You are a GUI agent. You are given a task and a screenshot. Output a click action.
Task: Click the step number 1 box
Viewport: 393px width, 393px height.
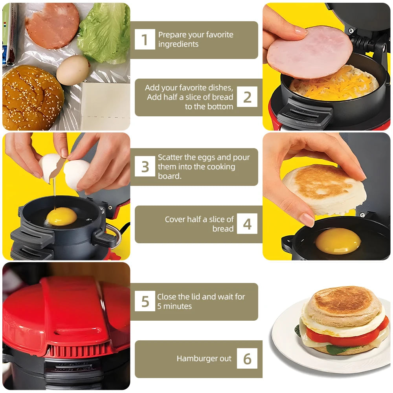click(x=145, y=39)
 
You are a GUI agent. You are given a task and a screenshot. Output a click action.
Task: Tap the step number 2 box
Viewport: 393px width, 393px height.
click(x=247, y=97)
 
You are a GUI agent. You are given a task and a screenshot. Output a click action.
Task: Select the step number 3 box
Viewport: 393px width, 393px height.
click(x=145, y=167)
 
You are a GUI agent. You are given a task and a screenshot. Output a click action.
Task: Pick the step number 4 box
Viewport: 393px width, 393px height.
click(x=247, y=224)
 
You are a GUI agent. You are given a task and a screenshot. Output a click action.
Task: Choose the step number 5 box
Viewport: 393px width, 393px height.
click(x=145, y=301)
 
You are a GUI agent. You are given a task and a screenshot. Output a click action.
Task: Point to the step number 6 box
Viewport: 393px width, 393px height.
click(x=247, y=358)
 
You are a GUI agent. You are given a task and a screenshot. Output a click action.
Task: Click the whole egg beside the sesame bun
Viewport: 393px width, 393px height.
click(x=73, y=71)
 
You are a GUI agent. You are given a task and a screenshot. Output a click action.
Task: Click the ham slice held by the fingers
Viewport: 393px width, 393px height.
click(x=310, y=51)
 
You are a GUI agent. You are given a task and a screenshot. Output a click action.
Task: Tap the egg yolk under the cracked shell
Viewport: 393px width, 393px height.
click(x=62, y=216)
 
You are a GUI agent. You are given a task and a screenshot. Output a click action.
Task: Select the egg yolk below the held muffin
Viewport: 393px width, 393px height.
click(x=338, y=241)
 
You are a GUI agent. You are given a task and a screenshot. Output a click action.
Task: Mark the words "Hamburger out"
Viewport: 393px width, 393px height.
click(x=204, y=358)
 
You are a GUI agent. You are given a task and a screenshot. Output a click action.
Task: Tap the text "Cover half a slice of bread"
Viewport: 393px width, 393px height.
click(x=199, y=224)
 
